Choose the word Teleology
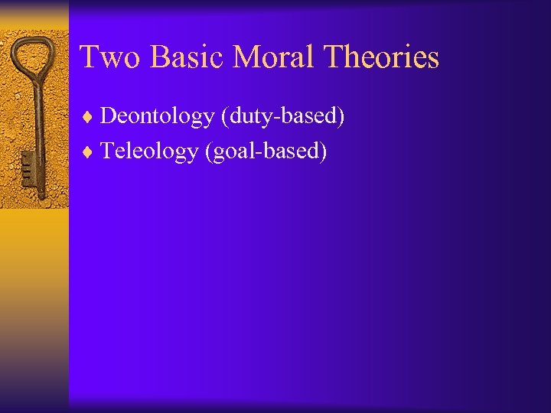pyautogui.click(x=149, y=151)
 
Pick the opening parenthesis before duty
pyautogui.click(x=223, y=117)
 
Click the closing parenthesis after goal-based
pyautogui.click(x=324, y=152)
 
